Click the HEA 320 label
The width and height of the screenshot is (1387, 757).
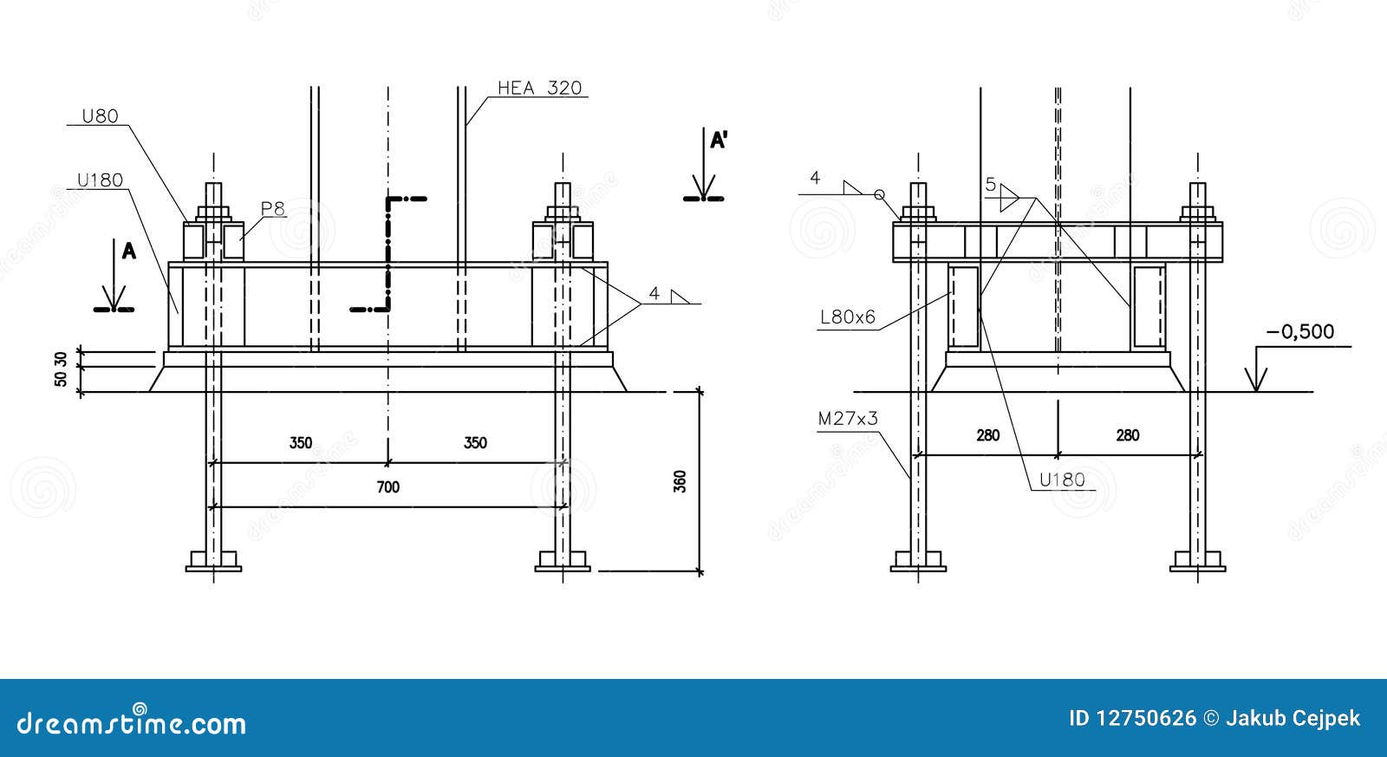tap(539, 88)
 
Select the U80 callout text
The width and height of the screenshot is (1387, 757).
tap(100, 115)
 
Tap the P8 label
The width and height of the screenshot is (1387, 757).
tap(273, 208)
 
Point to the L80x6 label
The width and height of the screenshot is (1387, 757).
tap(848, 318)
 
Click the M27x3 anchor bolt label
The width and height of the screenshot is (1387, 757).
tap(848, 419)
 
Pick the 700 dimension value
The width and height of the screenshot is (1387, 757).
tap(388, 487)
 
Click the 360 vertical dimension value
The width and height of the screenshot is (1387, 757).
tap(680, 481)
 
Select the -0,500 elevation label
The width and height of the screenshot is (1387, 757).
tap(1299, 332)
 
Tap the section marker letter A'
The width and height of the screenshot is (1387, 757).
tap(718, 141)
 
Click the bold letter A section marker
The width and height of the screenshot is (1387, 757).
tap(128, 251)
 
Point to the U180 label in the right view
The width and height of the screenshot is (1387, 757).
tap(1061, 480)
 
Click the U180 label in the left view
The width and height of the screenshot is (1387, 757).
tap(100, 180)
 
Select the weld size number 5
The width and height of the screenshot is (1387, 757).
tap(990, 185)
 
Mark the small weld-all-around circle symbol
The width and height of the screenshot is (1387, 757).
tap(878, 194)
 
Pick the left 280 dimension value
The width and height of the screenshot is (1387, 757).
tap(988, 435)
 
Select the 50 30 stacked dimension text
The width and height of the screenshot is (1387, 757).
tap(61, 370)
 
